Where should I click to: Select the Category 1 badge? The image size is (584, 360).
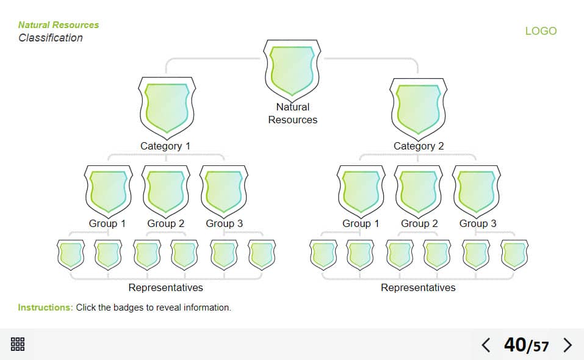(167, 107)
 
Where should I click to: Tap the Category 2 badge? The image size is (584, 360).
(418, 108)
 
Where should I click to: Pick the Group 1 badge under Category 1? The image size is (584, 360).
(108, 190)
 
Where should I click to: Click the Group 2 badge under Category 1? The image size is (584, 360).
(166, 190)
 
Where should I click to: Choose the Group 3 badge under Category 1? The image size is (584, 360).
(224, 190)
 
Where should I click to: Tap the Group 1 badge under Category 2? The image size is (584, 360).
(361, 190)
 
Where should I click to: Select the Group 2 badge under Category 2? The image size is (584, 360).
(419, 190)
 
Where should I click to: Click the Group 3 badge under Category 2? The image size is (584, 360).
(477, 190)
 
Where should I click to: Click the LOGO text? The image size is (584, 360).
(541, 31)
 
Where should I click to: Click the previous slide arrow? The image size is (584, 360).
(486, 345)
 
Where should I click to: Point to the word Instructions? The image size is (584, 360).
(45, 308)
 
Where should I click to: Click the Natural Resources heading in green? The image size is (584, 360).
(59, 25)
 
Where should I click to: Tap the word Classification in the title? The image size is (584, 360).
(51, 38)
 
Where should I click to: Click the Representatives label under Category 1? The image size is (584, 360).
(165, 287)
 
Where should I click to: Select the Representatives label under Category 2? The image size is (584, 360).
(418, 287)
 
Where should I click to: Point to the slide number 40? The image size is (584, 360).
(514, 345)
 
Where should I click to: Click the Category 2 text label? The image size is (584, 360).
(419, 146)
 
